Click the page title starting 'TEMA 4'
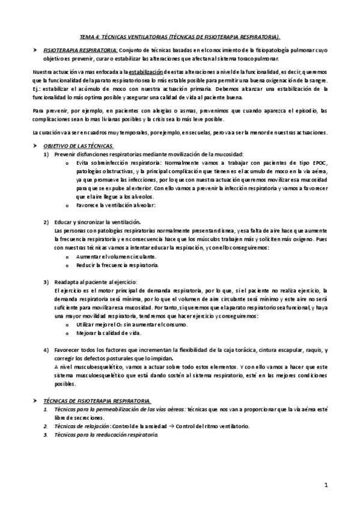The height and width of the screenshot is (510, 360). click(179, 35)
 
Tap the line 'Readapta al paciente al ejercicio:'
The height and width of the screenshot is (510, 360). click(96, 281)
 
